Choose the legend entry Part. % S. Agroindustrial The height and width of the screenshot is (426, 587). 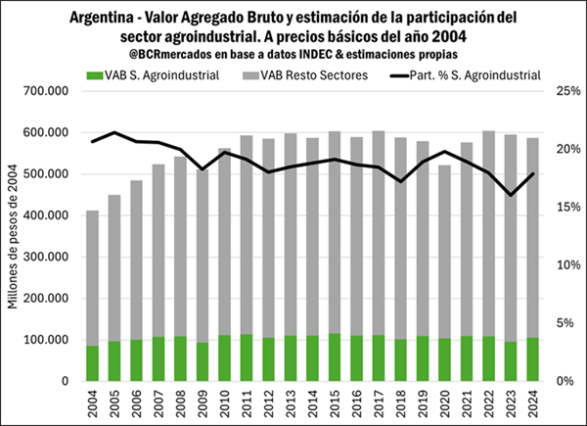[x=471, y=75]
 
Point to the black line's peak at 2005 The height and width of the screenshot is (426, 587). [x=113, y=132]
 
